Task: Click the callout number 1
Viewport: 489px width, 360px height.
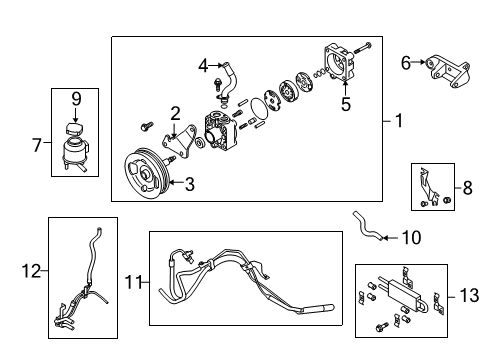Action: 399,120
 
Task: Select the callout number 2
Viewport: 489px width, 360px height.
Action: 175,114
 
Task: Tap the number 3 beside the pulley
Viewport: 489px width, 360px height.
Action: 190,184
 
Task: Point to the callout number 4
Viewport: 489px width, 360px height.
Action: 203,65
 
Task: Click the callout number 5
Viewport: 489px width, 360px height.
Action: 346,104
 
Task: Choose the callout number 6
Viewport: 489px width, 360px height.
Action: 406,63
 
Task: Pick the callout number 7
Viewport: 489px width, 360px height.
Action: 37,145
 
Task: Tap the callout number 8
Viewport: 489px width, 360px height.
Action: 468,188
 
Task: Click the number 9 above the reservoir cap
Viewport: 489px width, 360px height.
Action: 76,99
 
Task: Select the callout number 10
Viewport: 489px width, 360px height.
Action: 412,238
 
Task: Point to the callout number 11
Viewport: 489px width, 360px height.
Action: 133,283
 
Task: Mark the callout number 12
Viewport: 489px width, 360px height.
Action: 31,271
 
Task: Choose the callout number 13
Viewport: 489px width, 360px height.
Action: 469,295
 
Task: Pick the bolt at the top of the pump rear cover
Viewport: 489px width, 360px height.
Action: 362,48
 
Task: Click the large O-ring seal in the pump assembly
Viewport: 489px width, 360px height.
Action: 259,108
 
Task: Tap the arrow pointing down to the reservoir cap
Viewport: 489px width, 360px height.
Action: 75,115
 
